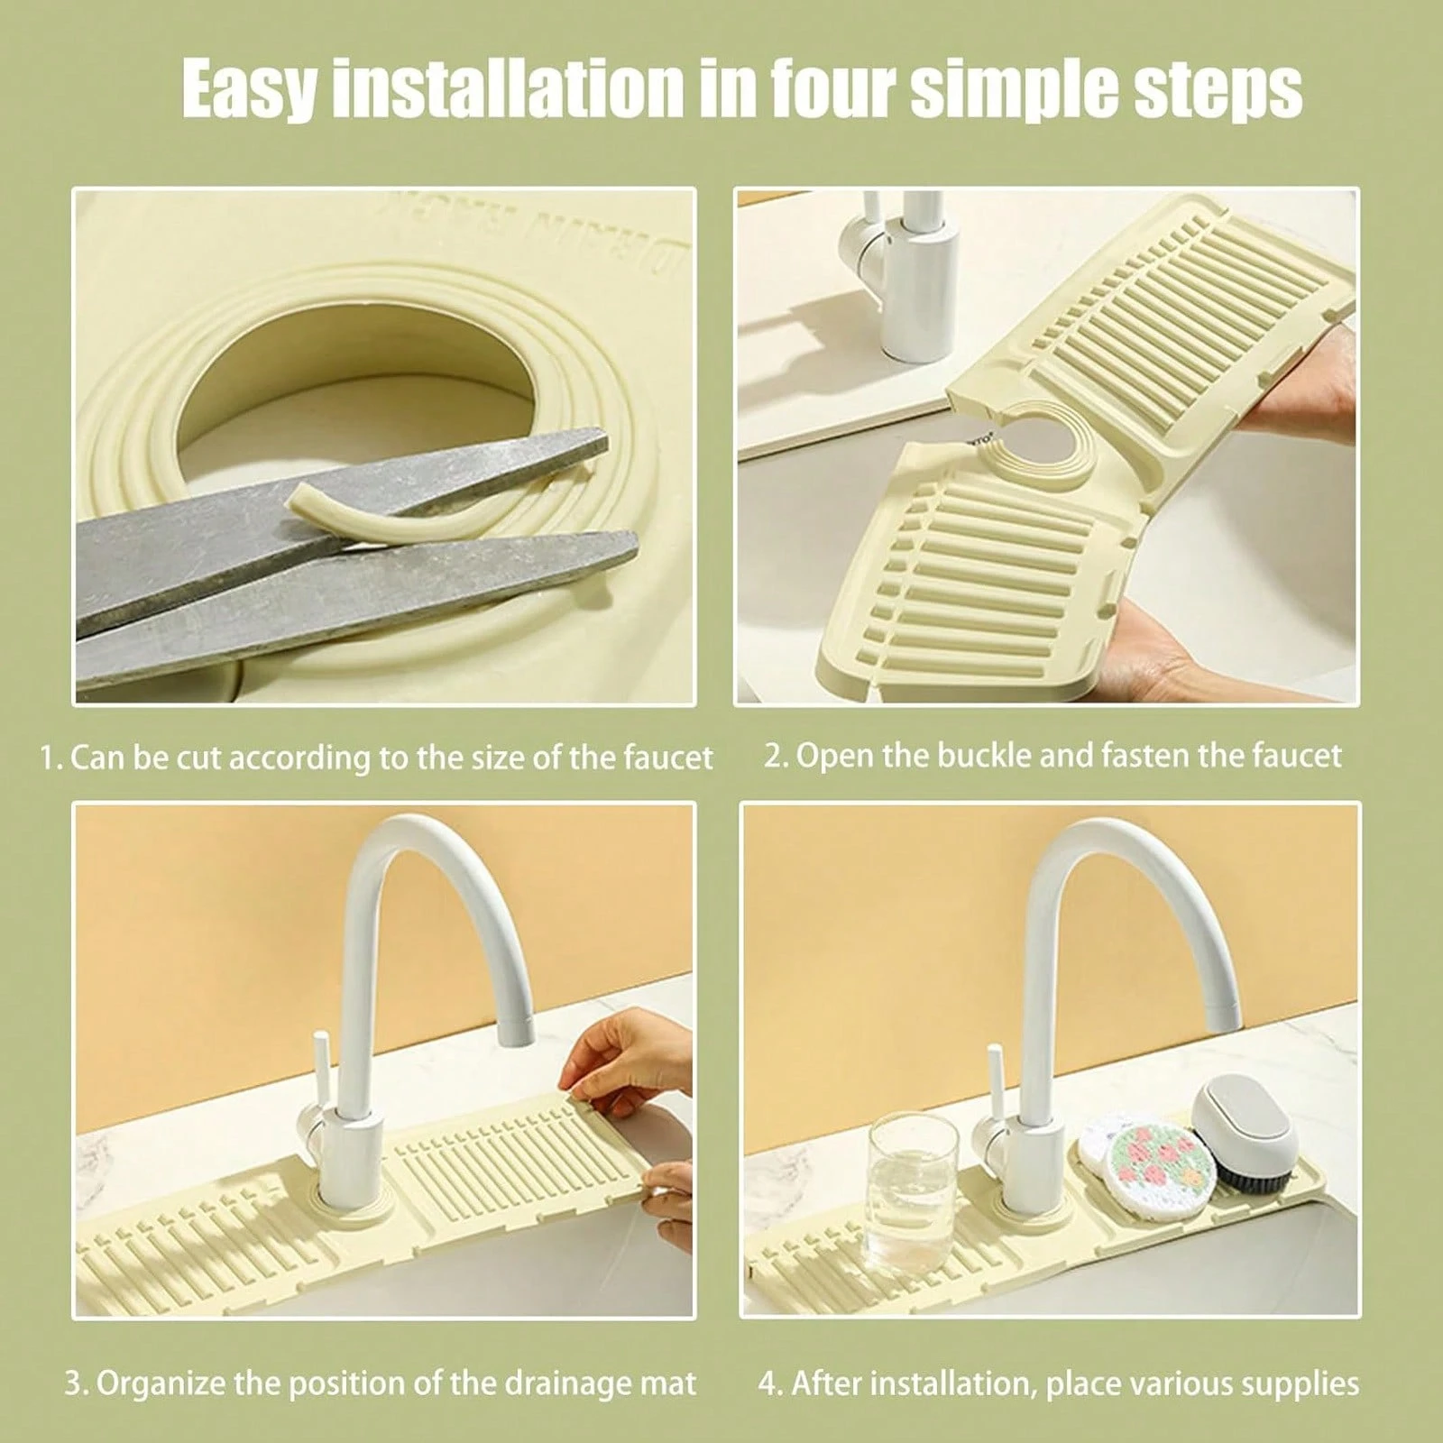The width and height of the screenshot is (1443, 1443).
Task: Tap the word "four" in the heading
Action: (x=824, y=88)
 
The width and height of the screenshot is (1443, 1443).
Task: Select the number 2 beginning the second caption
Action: (x=772, y=754)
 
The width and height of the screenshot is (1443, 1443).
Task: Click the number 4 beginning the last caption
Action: (x=769, y=1383)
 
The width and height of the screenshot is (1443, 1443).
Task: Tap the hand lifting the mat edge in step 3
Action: (x=613, y=1065)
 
